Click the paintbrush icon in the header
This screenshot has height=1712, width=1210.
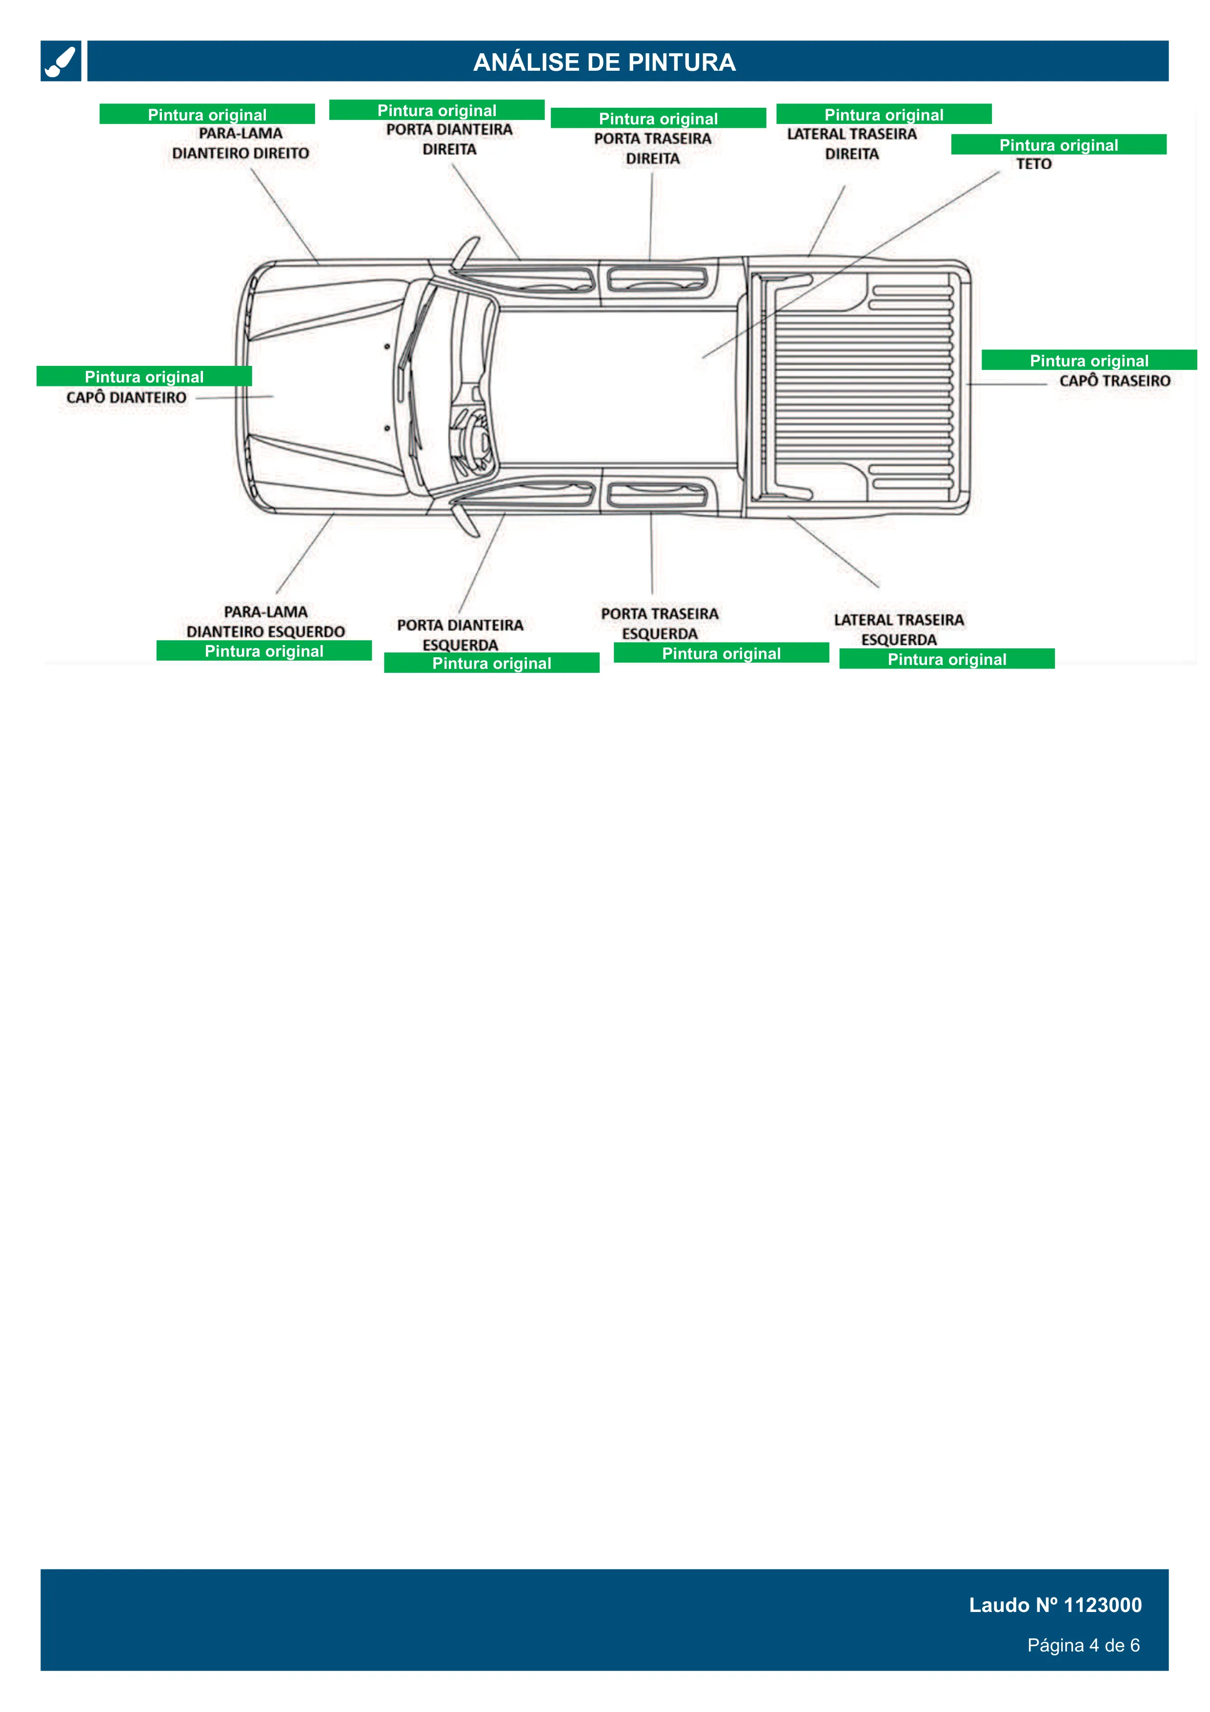[60, 61]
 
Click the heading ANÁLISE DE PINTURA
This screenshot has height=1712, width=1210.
[605, 62]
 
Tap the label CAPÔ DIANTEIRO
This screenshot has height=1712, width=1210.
[126, 398]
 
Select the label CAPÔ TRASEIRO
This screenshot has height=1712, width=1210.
[1114, 381]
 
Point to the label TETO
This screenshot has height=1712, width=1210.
[1033, 164]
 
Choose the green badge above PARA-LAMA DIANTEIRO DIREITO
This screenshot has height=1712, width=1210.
[207, 114]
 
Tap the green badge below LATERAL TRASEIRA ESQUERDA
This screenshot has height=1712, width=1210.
[947, 659]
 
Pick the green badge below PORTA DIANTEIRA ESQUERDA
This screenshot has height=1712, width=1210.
[491, 663]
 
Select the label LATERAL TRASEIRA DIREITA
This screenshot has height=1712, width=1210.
[851, 144]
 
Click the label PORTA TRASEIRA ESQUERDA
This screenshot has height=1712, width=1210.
[660, 624]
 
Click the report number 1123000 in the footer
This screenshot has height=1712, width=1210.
[1103, 1605]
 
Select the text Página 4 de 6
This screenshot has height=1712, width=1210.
[1083, 1646]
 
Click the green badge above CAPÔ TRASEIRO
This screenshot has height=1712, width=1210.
[1089, 360]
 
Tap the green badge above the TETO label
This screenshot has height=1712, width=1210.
[1059, 144]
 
